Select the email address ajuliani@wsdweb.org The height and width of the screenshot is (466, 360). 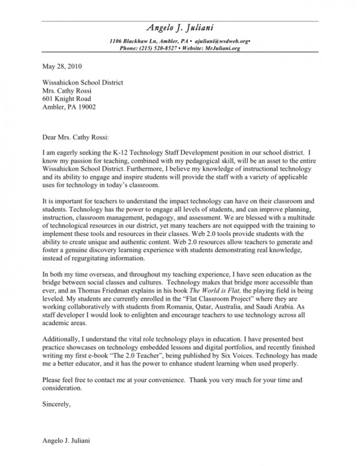[x=222, y=41]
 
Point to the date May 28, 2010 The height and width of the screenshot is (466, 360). [x=62, y=66]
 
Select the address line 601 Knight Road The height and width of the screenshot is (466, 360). [x=66, y=99]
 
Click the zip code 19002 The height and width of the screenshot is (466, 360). [x=87, y=107]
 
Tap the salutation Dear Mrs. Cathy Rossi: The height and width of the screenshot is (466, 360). [x=76, y=136]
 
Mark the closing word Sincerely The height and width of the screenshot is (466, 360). [x=56, y=405]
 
